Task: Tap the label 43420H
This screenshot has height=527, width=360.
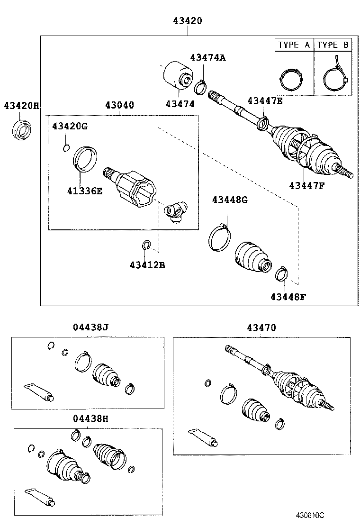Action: pos(21,105)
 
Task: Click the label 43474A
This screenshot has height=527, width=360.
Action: pos(208,57)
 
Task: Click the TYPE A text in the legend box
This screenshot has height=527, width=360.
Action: pos(294,45)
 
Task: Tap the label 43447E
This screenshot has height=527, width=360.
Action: pos(265,100)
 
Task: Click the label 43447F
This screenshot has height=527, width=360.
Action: pos(306,185)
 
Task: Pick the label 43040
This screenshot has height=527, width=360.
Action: pos(119,105)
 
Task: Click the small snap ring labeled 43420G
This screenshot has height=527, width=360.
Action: pos(66,148)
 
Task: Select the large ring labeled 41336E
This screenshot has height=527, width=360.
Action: pos(85,159)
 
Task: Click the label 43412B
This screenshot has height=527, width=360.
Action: pos(147,265)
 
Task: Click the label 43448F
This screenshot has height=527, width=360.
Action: pos(288,297)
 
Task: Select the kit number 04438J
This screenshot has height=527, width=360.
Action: pos(91,327)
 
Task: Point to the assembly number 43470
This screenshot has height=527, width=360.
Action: pos(261,327)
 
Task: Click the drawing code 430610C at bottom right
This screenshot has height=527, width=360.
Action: pos(310,515)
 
